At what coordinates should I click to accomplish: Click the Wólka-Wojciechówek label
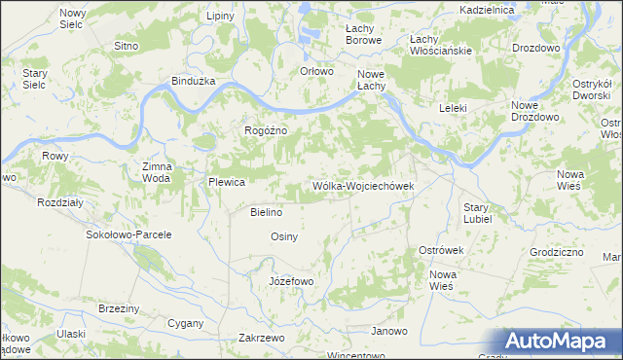pyautogui.click(x=363, y=186)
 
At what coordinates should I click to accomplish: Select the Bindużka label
pyautogui.click(x=192, y=81)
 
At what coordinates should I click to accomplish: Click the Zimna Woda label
pyautogui.click(x=157, y=172)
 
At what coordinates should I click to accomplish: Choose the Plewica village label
pyautogui.click(x=225, y=182)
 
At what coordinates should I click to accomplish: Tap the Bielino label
pyautogui.click(x=266, y=212)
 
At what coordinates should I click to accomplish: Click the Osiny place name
pyautogui.click(x=283, y=236)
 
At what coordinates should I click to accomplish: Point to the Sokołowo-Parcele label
pyautogui.click(x=129, y=234)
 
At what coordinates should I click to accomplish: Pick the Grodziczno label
pyautogui.click(x=557, y=251)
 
